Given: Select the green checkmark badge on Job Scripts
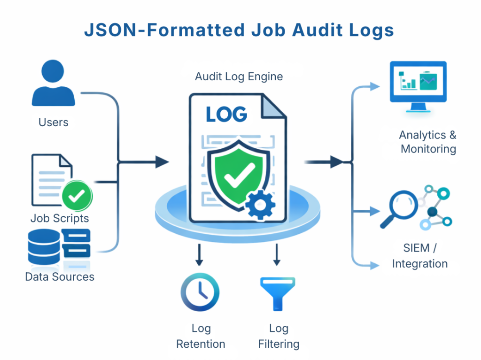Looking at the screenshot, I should (77, 196).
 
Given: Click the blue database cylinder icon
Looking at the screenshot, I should (44, 246).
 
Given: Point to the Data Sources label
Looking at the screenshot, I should (60, 276).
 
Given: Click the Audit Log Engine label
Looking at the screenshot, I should (239, 77).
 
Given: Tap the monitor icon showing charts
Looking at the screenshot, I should (418, 85).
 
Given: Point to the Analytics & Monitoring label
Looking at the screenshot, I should (428, 142).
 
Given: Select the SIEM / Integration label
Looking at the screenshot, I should (419, 255).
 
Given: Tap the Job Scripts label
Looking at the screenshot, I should (60, 218).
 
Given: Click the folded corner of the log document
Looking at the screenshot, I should (272, 106).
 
